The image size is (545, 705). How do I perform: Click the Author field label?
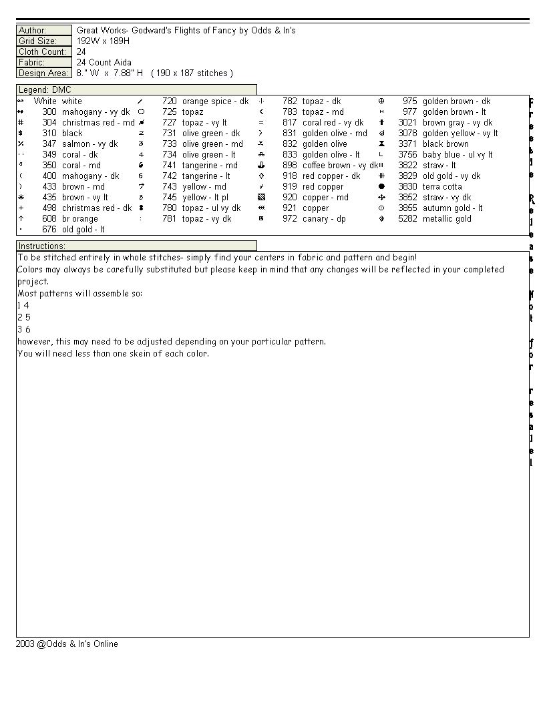(32, 31)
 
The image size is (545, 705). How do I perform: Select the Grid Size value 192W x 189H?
(103, 41)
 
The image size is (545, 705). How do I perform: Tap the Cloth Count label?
(42, 52)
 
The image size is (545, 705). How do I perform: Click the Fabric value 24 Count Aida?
(104, 63)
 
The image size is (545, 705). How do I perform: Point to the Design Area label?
(43, 73)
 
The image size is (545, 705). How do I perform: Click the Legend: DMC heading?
(45, 90)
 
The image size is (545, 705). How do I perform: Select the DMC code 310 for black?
(49, 134)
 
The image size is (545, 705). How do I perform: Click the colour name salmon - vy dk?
(89, 144)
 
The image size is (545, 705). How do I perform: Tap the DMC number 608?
(49, 219)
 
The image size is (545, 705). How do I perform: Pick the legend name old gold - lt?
(83, 230)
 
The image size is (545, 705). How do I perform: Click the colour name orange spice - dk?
(215, 101)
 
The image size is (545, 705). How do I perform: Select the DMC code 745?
(170, 198)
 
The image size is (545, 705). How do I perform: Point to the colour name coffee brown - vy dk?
(340, 166)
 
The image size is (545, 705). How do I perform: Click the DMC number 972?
(290, 219)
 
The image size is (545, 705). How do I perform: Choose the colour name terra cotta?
(442, 187)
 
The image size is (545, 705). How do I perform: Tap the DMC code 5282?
(407, 219)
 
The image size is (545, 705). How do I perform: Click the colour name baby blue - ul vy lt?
(458, 155)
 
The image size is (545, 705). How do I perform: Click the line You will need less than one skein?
(113, 354)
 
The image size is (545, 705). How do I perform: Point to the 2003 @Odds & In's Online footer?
(67, 644)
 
